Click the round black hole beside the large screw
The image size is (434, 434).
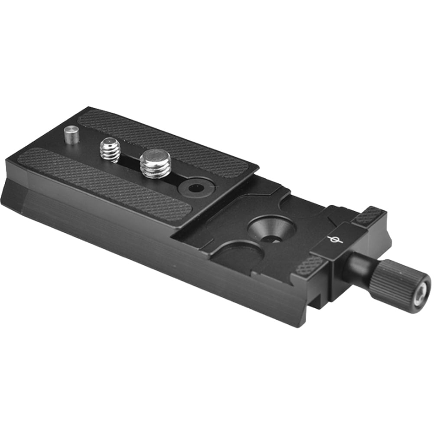coord(196,188)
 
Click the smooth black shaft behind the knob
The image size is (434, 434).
coord(358,269)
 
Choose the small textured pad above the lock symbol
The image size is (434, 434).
coord(368,215)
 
